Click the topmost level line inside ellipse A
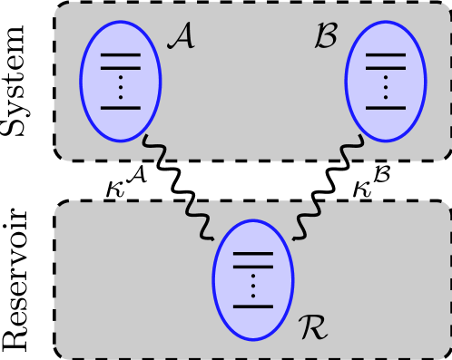(121, 55)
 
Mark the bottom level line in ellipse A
(121, 108)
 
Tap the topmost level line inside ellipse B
(385, 55)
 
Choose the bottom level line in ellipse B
(385, 108)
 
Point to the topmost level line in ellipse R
(252, 253)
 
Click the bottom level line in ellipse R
(252, 306)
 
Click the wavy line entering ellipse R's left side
(200, 219)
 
